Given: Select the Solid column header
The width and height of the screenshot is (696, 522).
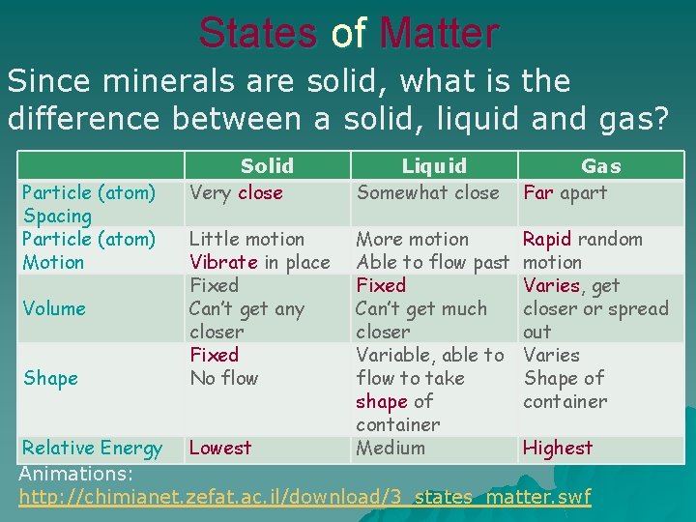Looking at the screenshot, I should pyautogui.click(x=267, y=165).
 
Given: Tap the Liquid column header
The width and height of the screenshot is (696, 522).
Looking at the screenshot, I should pyautogui.click(x=434, y=165).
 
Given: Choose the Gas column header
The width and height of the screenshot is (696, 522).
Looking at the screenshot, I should pyautogui.click(x=601, y=165).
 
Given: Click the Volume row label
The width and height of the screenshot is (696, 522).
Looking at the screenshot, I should pyautogui.click(x=54, y=308).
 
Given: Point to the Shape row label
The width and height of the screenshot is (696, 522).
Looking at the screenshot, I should pyautogui.click(x=50, y=378).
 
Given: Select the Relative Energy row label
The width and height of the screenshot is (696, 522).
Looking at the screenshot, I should pyautogui.click(x=92, y=448).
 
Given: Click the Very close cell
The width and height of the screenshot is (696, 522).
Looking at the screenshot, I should pyautogui.click(x=236, y=192).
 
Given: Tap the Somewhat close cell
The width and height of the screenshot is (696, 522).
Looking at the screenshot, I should pyautogui.click(x=427, y=192).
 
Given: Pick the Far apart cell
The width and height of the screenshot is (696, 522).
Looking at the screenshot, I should pyautogui.click(x=565, y=192).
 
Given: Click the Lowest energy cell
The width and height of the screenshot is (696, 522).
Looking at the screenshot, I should pyautogui.click(x=220, y=448).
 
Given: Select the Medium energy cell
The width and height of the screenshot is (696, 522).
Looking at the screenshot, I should pyautogui.click(x=391, y=448).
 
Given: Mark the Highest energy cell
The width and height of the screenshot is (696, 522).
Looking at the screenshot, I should pyautogui.click(x=558, y=448).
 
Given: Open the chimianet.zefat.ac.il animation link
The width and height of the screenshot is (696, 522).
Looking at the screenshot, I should pyautogui.click(x=304, y=497).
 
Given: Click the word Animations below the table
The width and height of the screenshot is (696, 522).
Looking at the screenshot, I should pyautogui.click(x=75, y=474).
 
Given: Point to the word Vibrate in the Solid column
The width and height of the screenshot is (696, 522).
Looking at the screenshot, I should pyautogui.click(x=222, y=262).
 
